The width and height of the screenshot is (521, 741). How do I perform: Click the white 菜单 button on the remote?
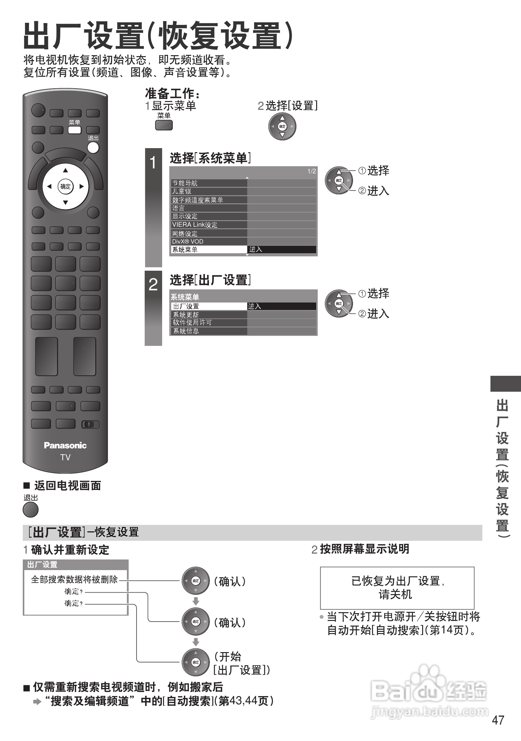74,130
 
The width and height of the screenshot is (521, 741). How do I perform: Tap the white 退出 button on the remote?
93,148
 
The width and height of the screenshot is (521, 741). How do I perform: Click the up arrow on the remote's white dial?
65,170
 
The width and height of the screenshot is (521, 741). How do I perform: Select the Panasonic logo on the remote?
65,445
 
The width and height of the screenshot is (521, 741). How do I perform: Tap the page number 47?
498,720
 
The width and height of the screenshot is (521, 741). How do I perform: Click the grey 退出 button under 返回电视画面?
31,510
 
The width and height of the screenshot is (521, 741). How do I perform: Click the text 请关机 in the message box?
396,594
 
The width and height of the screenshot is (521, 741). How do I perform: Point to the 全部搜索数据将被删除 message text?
75,580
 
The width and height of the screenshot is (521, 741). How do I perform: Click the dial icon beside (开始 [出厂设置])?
195,662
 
